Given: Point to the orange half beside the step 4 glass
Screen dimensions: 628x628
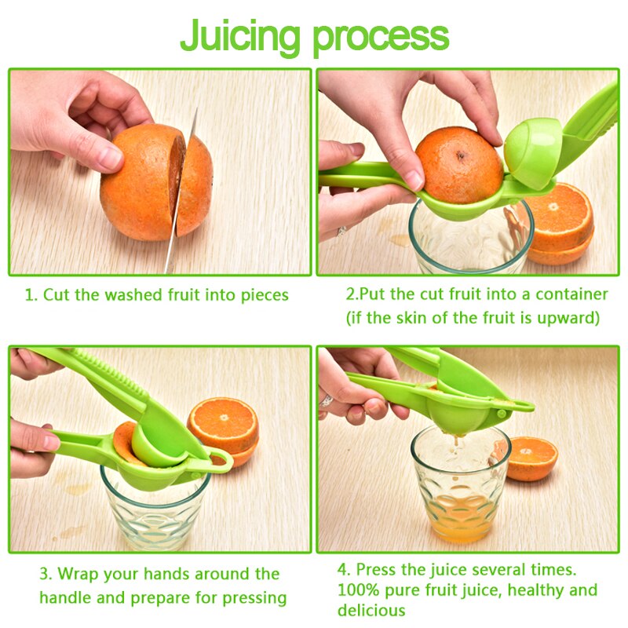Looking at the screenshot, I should click(x=530, y=458).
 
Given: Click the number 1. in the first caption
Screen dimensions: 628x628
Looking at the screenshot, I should click(x=31, y=296).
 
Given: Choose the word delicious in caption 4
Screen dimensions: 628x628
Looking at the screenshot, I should click(x=371, y=610).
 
